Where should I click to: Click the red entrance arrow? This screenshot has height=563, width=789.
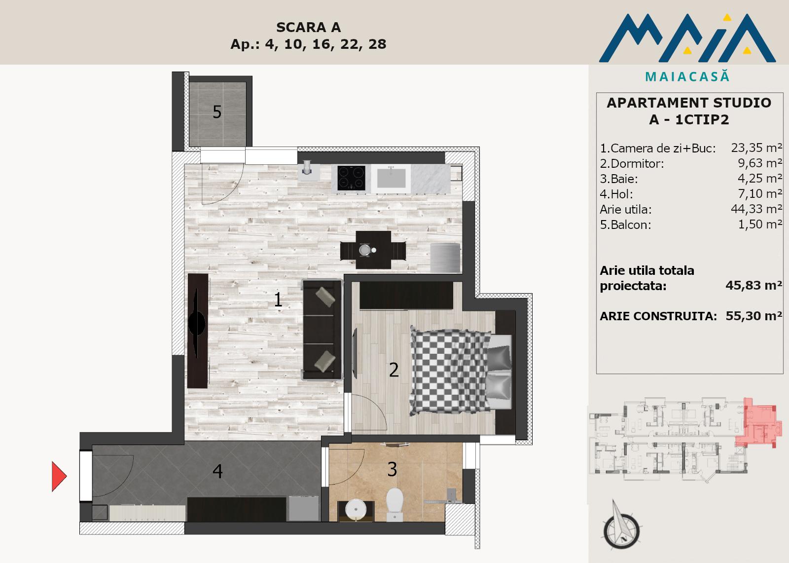[59, 476]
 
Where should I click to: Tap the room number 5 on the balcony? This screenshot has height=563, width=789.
[217, 112]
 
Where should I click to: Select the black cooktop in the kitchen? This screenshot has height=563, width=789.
[351, 178]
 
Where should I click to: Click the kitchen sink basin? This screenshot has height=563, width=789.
[391, 178]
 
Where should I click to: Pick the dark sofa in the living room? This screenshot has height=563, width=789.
[322, 329]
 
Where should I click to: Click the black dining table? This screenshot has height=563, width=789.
[373, 250]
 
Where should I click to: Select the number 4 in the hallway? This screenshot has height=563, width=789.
[217, 471]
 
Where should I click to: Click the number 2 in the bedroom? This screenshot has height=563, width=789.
[394, 370]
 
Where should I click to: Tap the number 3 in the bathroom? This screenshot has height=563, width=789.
[392, 470]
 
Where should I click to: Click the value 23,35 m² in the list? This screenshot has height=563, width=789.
[756, 148]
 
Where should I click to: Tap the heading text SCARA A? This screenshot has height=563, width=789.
[309, 28]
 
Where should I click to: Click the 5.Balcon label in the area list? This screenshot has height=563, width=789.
[626, 225]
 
